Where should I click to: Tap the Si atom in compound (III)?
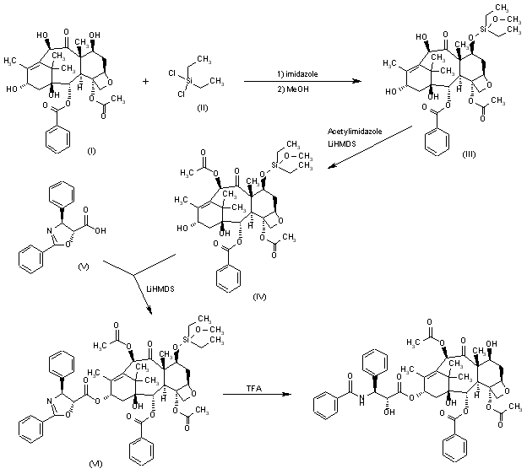tap(483, 32)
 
